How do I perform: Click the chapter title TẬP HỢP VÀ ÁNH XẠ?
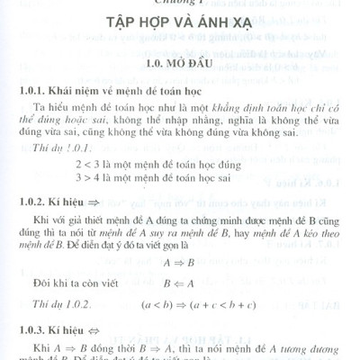(179, 39)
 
